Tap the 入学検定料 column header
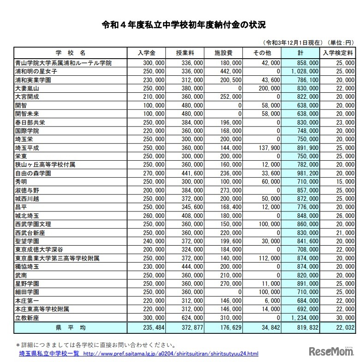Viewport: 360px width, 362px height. click(338, 53)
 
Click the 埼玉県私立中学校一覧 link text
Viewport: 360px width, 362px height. click(48, 353)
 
